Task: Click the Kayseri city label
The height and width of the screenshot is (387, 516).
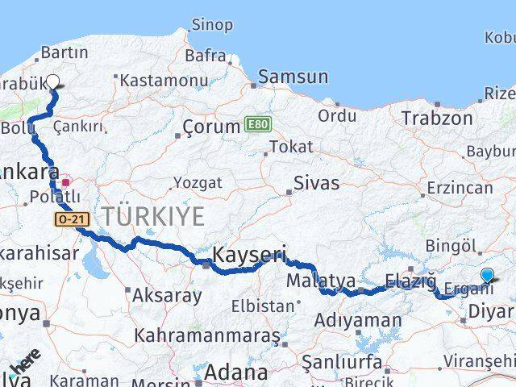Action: coord(248,256)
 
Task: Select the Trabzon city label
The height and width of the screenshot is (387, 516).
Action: coord(437,118)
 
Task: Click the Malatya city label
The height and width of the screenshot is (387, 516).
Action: coord(321,281)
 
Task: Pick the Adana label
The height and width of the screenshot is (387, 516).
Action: coord(235,372)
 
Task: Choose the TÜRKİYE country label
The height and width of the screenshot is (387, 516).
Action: coord(153,215)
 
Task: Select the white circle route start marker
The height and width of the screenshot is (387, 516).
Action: coord(54,81)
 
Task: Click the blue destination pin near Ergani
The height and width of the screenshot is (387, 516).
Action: coord(487,276)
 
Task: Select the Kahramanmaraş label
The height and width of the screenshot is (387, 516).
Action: coord(207,334)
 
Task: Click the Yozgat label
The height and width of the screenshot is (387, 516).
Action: coord(197,183)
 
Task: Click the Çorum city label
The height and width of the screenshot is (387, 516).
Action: coord(211,127)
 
